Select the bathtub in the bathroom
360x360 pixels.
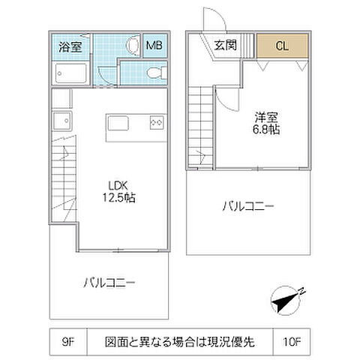tap(73, 73)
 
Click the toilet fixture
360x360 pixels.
tap(154, 73)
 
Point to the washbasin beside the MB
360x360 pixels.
tap(132, 46)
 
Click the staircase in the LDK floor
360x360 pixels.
tap(64, 180)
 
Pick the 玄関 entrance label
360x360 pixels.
tap(224, 45)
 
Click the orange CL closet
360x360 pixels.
tap(282, 46)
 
